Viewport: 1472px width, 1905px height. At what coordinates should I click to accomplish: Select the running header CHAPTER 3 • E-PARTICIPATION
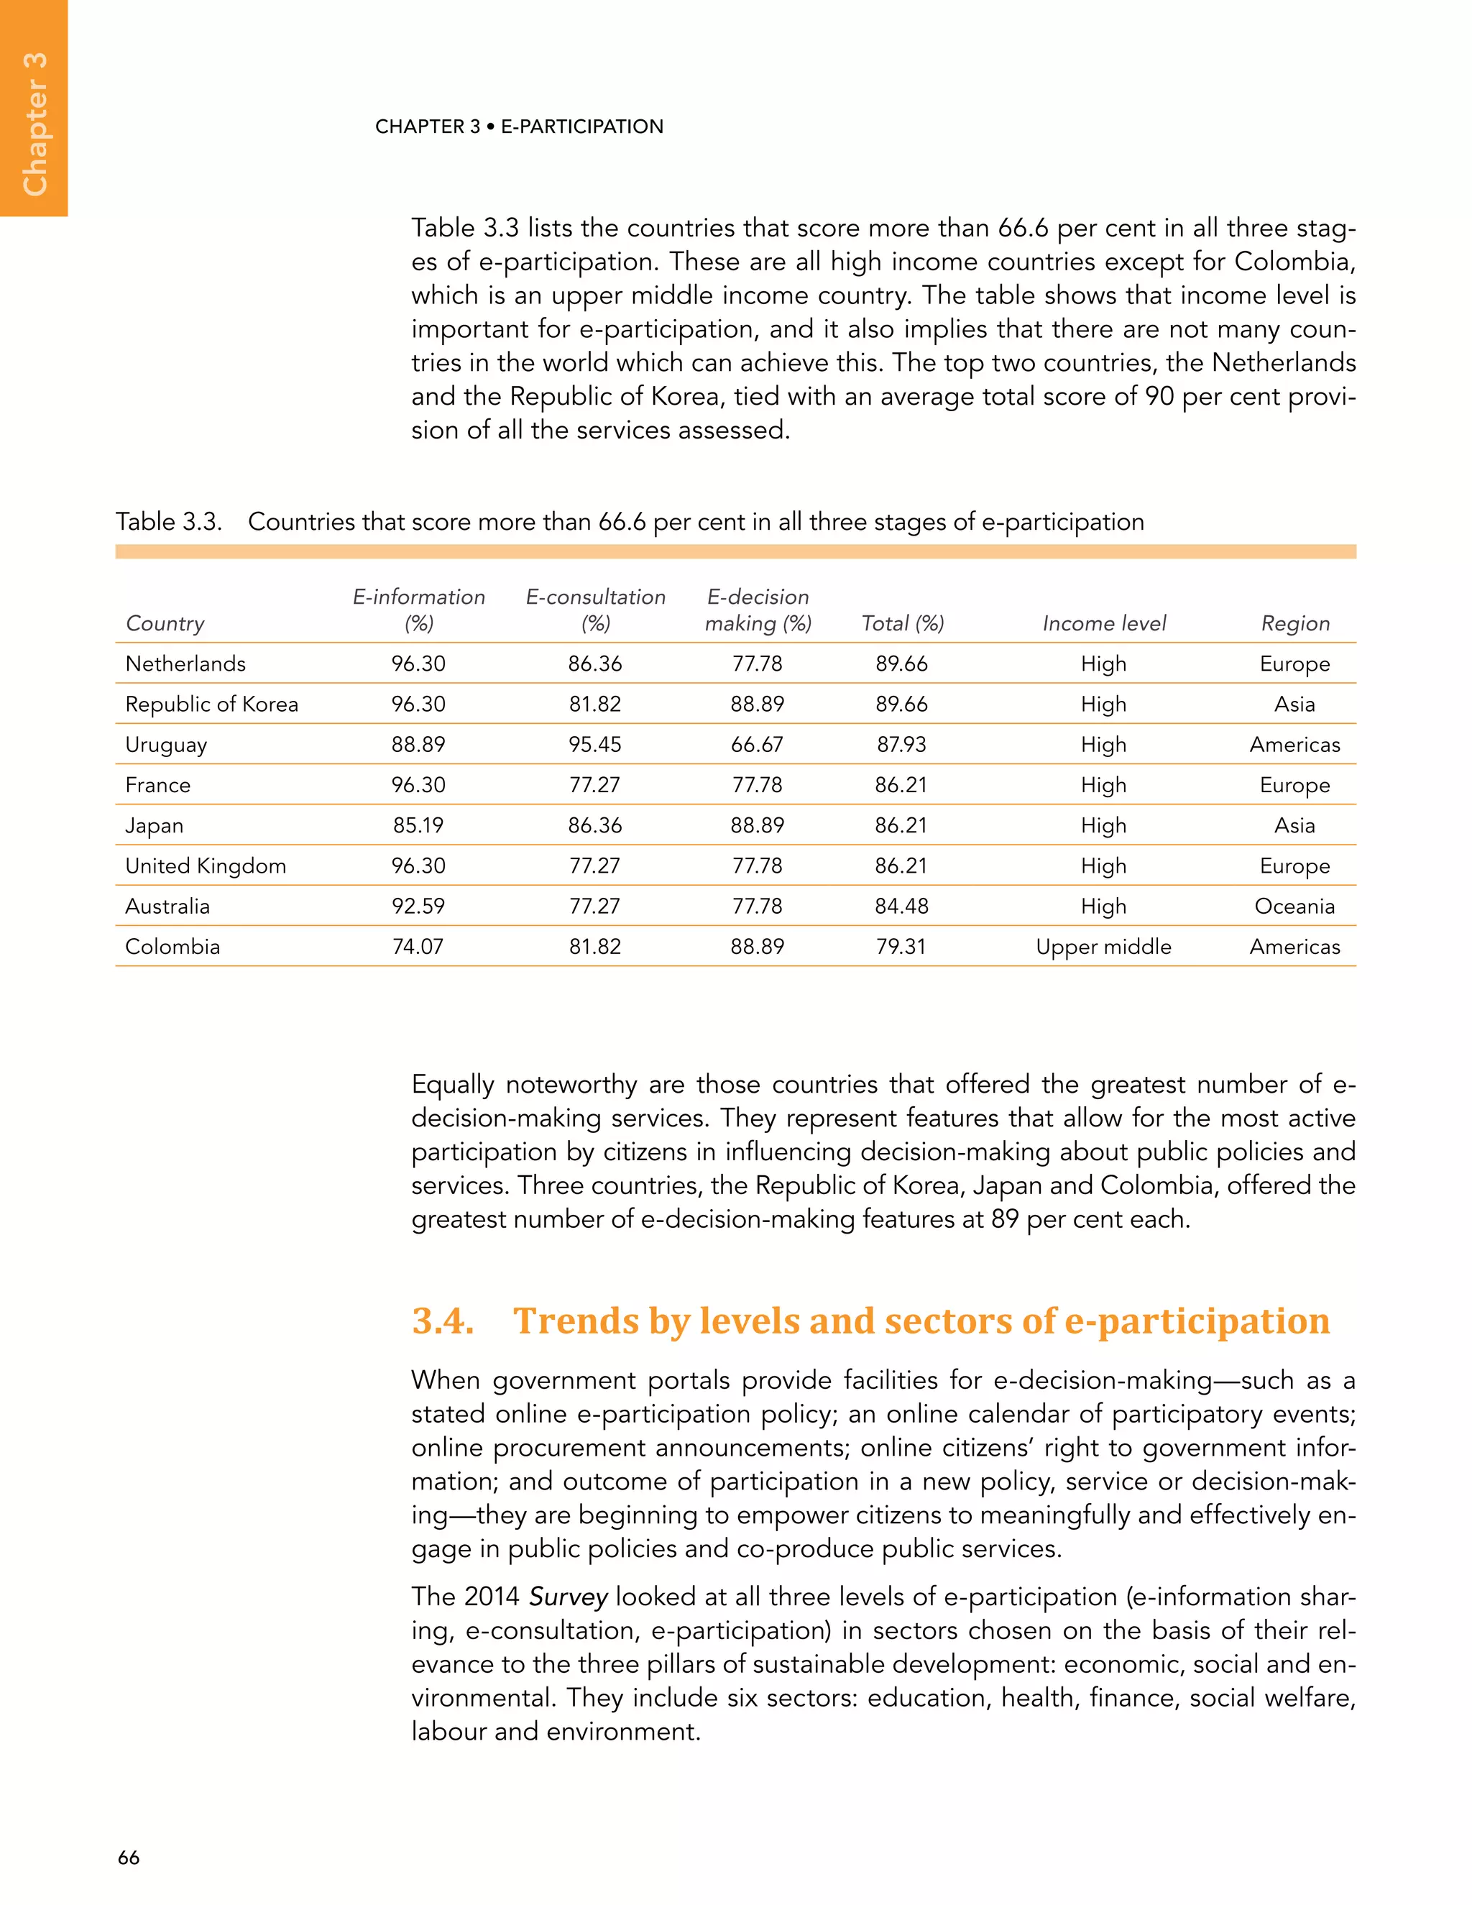click(x=519, y=127)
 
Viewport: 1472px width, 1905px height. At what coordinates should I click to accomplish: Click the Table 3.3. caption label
click(x=169, y=522)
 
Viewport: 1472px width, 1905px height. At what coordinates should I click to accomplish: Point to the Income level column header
click(x=1103, y=623)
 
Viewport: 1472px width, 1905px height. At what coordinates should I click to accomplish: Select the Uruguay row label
click(x=166, y=744)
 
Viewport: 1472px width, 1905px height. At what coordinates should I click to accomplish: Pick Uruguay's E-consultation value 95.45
click(x=594, y=744)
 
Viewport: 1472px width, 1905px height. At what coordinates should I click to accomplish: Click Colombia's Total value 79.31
click(x=901, y=947)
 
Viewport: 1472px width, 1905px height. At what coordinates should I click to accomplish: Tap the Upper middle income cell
click(x=1103, y=947)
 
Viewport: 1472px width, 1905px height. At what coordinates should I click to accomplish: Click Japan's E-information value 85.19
click(x=418, y=825)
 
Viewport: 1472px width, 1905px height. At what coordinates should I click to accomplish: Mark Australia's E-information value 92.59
click(x=418, y=906)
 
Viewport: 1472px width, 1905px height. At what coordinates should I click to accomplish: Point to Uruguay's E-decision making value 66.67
click(x=757, y=744)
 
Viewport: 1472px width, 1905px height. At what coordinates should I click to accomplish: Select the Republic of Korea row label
click(x=211, y=704)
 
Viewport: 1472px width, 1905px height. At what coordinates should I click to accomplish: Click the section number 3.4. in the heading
click(x=442, y=1321)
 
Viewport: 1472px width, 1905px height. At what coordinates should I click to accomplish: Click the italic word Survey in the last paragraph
click(x=568, y=1597)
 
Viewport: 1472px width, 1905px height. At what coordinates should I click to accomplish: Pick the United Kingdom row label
click(x=205, y=866)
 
